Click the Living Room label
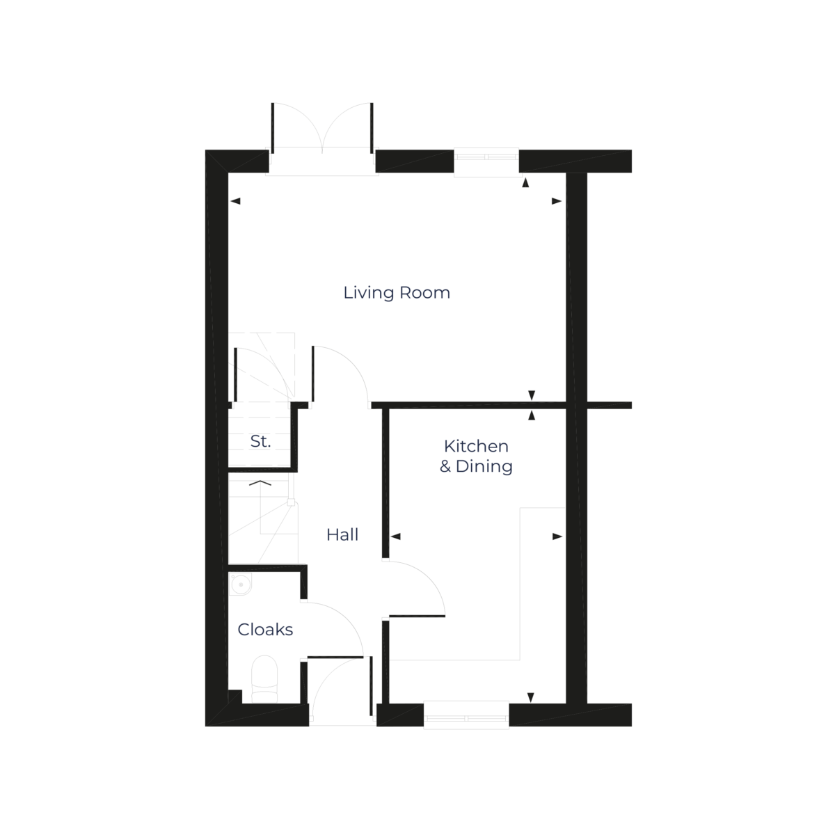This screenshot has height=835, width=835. (397, 293)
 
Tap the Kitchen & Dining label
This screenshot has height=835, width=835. (476, 456)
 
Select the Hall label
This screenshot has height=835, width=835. (342, 535)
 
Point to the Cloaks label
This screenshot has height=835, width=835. (266, 630)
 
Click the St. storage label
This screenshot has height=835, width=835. (260, 441)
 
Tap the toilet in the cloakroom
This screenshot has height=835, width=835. (264, 678)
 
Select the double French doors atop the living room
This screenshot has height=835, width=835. (322, 132)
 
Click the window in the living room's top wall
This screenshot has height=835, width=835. (487, 161)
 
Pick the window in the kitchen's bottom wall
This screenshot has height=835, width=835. (467, 715)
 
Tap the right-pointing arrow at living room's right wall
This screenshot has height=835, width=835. (557, 201)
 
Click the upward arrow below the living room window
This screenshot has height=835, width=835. (525, 183)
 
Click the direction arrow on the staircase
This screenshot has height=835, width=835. (260, 482)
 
